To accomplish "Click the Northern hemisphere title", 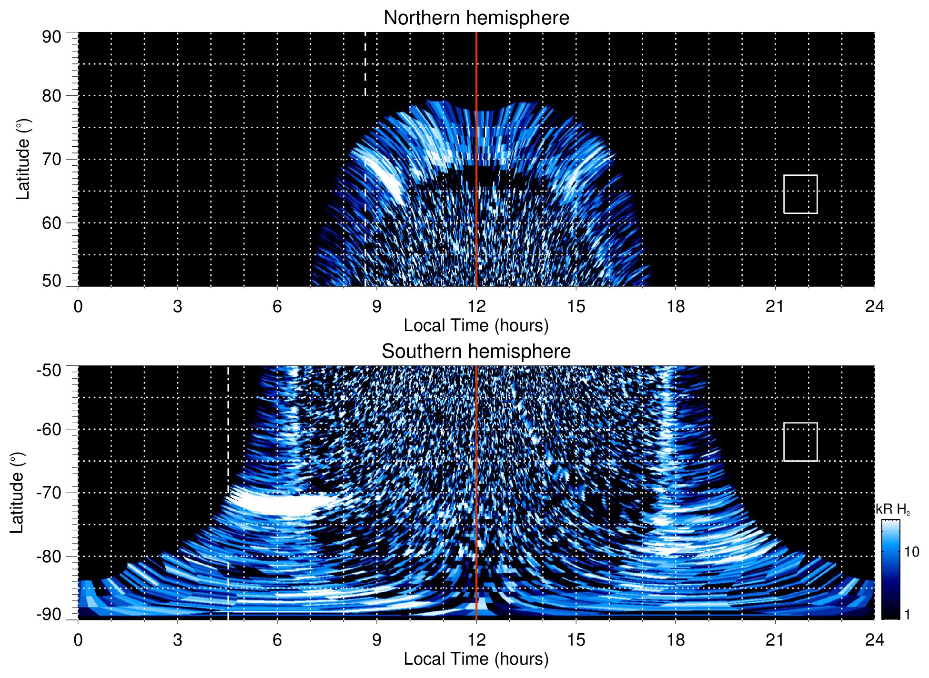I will [x=476, y=18].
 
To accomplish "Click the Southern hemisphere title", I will [x=476, y=352].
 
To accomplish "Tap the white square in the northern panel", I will [x=800, y=194].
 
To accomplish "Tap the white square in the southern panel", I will [x=800, y=442].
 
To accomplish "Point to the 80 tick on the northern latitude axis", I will [x=51, y=96].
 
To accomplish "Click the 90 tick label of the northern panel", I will [x=51, y=37].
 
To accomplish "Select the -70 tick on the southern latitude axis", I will [x=49, y=493].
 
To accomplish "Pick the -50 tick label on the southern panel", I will [x=49, y=370].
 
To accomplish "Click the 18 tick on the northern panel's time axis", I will [x=676, y=306].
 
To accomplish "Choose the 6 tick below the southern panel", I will [x=277, y=640].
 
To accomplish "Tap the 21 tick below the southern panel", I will [x=775, y=640].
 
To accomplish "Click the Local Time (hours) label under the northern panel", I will [x=476, y=325].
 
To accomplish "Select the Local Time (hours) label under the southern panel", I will [x=476, y=659].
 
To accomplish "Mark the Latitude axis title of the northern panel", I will [x=23, y=159].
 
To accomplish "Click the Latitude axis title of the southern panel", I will [x=17, y=493].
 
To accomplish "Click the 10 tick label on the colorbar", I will [x=911, y=552].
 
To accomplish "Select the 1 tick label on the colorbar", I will [x=907, y=615].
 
